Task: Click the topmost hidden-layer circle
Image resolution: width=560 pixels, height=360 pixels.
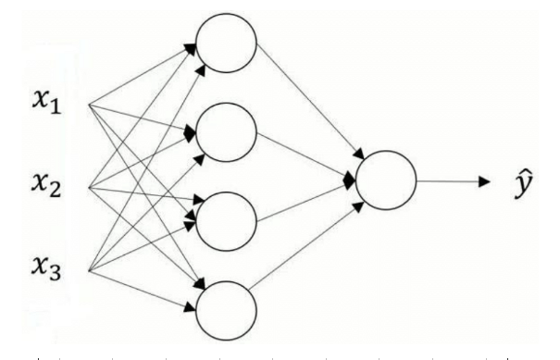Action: [x=225, y=43]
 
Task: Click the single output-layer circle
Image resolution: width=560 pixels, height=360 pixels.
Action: [x=385, y=181]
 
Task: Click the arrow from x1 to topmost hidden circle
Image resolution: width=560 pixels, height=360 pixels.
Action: [x=139, y=74]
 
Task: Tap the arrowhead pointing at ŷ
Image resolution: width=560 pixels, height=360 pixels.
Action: [x=482, y=181]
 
